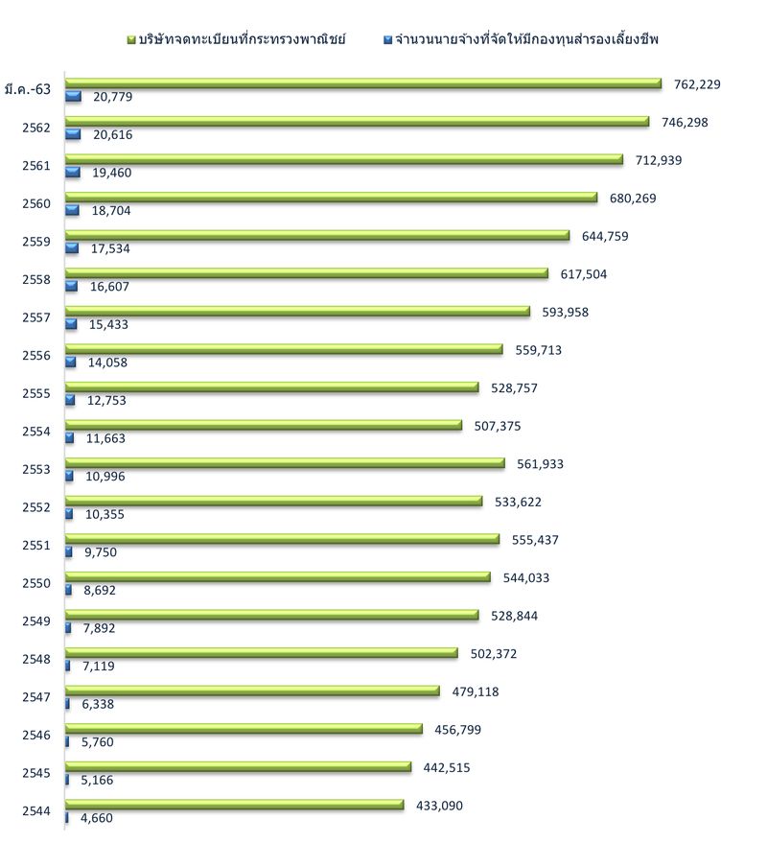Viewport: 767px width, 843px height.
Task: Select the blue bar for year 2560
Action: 72,210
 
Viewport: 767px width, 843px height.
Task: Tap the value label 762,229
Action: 697,84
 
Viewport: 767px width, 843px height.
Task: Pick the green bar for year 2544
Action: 234,805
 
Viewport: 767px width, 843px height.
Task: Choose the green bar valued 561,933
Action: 284,463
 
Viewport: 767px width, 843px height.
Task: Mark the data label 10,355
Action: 105,515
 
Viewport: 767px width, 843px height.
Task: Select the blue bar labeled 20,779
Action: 73,96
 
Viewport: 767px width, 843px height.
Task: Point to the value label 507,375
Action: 498,426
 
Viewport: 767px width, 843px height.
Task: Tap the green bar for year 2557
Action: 297,311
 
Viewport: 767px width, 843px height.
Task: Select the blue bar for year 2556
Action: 70,362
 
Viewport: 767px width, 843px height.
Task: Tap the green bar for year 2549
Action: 271,615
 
